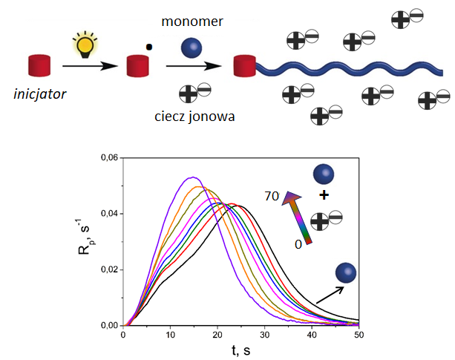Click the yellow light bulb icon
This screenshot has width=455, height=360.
85,45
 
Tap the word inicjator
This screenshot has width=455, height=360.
42,94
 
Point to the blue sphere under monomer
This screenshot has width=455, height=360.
191,49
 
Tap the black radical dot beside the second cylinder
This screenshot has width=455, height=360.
149,47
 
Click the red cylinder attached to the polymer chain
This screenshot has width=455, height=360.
244,66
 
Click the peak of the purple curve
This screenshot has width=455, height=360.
193,177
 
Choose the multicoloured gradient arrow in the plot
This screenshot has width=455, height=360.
301,217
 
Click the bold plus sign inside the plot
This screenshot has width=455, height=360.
324,195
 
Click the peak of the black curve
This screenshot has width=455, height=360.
240,204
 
